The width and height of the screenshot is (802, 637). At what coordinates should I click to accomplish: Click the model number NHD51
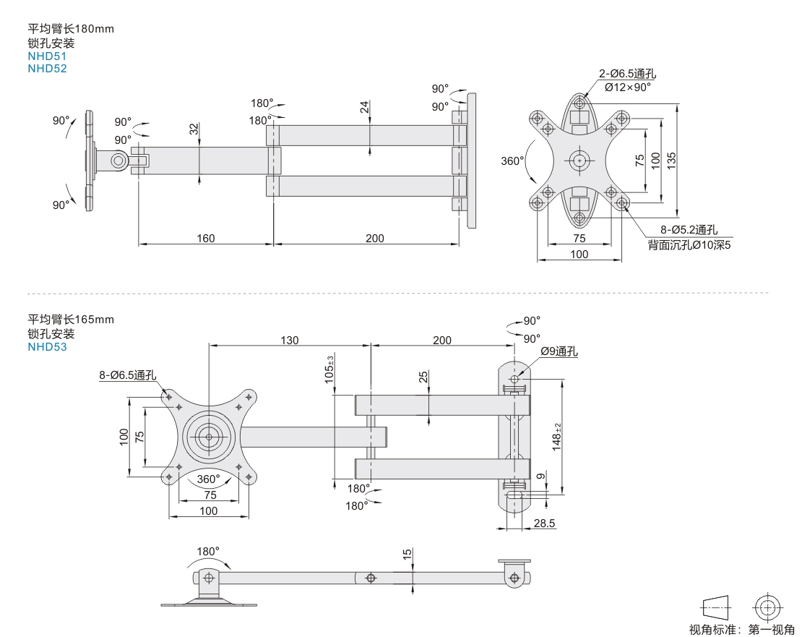coord(47,56)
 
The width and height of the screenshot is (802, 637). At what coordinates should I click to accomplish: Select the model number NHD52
coord(47,69)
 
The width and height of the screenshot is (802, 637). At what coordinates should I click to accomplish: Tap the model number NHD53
coord(47,346)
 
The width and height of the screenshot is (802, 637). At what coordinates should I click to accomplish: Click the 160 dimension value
coord(206,238)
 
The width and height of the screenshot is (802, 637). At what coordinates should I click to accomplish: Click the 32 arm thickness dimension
coord(193,129)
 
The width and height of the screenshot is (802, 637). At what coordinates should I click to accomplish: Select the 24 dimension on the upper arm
coord(364,106)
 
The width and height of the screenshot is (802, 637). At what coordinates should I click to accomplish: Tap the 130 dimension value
coord(289,340)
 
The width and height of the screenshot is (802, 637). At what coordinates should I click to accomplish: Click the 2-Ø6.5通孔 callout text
coord(627,74)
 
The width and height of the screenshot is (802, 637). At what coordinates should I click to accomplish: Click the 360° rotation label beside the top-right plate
coord(512,161)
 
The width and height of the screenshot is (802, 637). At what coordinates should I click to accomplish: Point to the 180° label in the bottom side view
coord(207,551)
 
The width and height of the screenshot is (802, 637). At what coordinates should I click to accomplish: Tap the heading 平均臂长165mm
coord(71,319)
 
